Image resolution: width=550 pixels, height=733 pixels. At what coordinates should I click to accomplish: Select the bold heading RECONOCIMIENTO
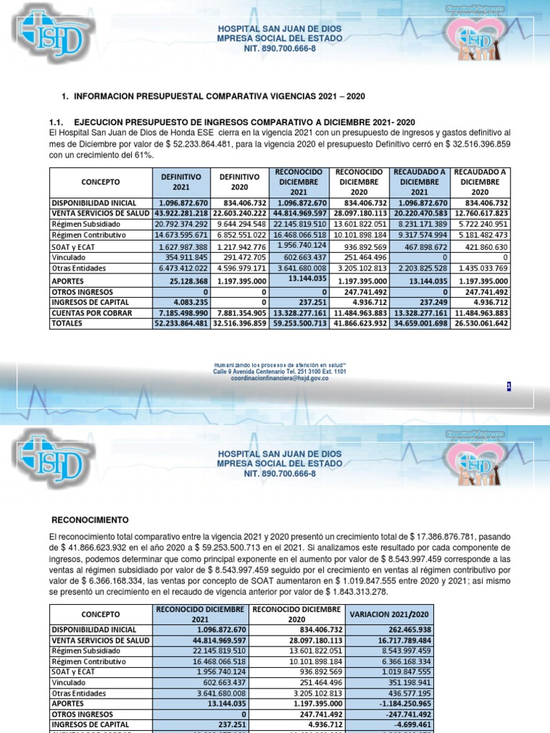(x=91, y=519)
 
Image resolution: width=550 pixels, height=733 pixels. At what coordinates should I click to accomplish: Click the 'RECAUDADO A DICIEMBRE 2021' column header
(x=420, y=182)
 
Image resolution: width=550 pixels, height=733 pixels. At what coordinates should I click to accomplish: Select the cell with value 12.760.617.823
(x=480, y=213)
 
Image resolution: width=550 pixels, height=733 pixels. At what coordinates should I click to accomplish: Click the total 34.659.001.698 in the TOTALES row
(x=420, y=324)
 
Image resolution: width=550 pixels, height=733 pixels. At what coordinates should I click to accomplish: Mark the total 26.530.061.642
(x=480, y=324)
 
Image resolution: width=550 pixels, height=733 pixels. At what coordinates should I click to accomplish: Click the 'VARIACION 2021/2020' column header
(x=388, y=615)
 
